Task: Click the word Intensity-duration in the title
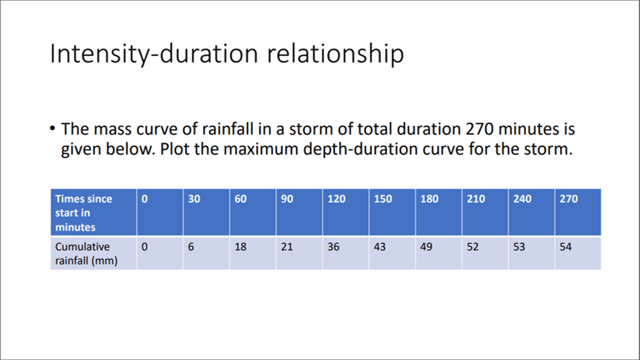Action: coord(150,55)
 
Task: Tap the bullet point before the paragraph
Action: coord(52,129)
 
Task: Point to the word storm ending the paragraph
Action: coord(548,149)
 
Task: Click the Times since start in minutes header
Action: coord(83,213)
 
